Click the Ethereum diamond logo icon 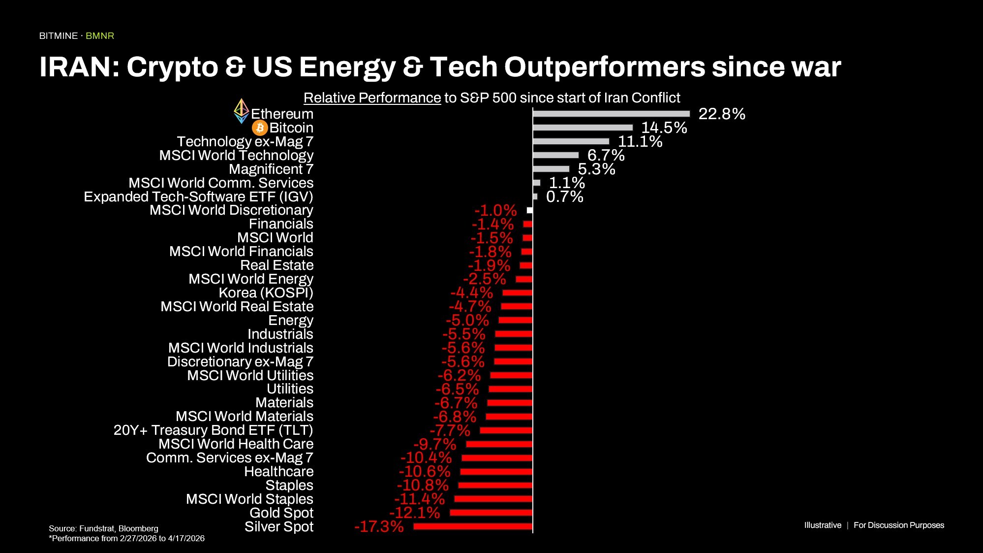(x=241, y=111)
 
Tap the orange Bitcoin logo (x=260, y=128)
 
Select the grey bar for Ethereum (x=611, y=114)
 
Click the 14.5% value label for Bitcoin (x=664, y=128)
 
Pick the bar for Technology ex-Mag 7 (x=571, y=141)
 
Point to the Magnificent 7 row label (x=271, y=169)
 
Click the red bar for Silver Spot (x=473, y=526)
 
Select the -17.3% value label (x=379, y=526)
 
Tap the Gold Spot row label (x=281, y=513)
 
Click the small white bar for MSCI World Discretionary (x=529, y=210)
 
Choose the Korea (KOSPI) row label (x=266, y=293)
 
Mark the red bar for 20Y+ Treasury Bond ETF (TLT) (x=506, y=430)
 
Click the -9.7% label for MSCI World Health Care (x=435, y=444)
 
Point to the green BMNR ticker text (x=100, y=36)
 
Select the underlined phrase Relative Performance (x=372, y=98)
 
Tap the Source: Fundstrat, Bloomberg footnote (x=103, y=528)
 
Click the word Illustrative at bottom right (x=823, y=525)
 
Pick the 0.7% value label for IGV (x=564, y=197)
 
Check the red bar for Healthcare (x=496, y=472)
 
